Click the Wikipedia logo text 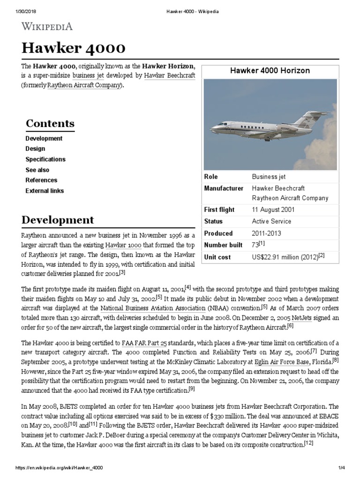pyautogui.click(x=47, y=26)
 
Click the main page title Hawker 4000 pyautogui.click(x=74, y=48)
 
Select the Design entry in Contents pyautogui.click(x=35, y=149)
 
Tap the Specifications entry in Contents pyautogui.click(x=45, y=159)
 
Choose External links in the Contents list pyautogui.click(x=45, y=191)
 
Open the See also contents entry pyautogui.click(x=37, y=170)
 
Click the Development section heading pyautogui.click(x=58, y=220)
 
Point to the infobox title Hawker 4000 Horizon pyautogui.click(x=270, y=70)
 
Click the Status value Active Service pyautogui.click(x=271, y=221)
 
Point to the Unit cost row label pyautogui.click(x=217, y=257)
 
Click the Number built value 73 pyautogui.click(x=256, y=245)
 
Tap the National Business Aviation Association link pyautogui.click(x=153, y=308)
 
